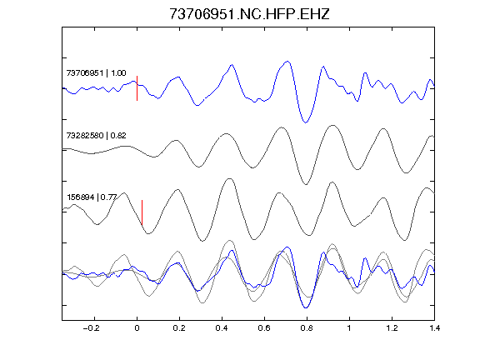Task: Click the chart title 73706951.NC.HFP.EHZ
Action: tap(249, 14)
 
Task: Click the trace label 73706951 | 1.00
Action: tap(96, 72)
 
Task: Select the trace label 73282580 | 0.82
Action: tap(96, 135)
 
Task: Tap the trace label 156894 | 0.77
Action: tap(92, 197)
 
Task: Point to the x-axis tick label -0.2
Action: tap(91, 328)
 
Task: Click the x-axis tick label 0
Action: tap(137, 328)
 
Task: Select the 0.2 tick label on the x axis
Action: tap(179, 328)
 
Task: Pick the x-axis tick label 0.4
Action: tap(222, 328)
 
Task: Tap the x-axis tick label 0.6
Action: tap(264, 328)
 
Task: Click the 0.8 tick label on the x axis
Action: tap(307, 328)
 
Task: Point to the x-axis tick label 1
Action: tap(349, 328)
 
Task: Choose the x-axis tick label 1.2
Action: tap(392, 328)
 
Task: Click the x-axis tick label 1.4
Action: tap(434, 328)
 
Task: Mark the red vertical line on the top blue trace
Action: tap(137, 88)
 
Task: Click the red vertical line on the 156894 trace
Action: tap(142, 212)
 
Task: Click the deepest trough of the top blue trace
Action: tap(305, 122)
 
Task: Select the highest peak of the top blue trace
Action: tap(287, 62)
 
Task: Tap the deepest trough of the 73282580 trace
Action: tap(306, 184)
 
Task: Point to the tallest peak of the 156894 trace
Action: tap(230, 178)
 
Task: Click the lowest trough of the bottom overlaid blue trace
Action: tap(306, 307)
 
